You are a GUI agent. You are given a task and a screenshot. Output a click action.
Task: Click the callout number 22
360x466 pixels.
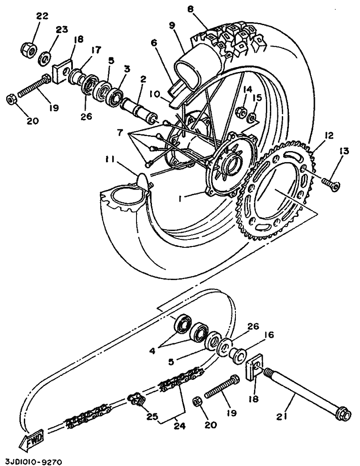pyautogui.click(x=42, y=16)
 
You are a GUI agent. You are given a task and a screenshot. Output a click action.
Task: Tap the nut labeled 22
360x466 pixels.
pyautogui.click(x=29, y=49)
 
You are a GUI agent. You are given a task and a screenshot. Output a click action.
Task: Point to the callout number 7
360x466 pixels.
pyautogui.click(x=120, y=133)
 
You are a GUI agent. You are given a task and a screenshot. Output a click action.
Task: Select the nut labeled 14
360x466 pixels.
pyautogui.click(x=242, y=112)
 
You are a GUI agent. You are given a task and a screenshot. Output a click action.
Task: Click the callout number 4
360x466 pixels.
pyautogui.click(x=152, y=351)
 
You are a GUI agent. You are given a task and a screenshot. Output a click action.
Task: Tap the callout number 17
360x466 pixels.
pyautogui.click(x=95, y=49)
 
